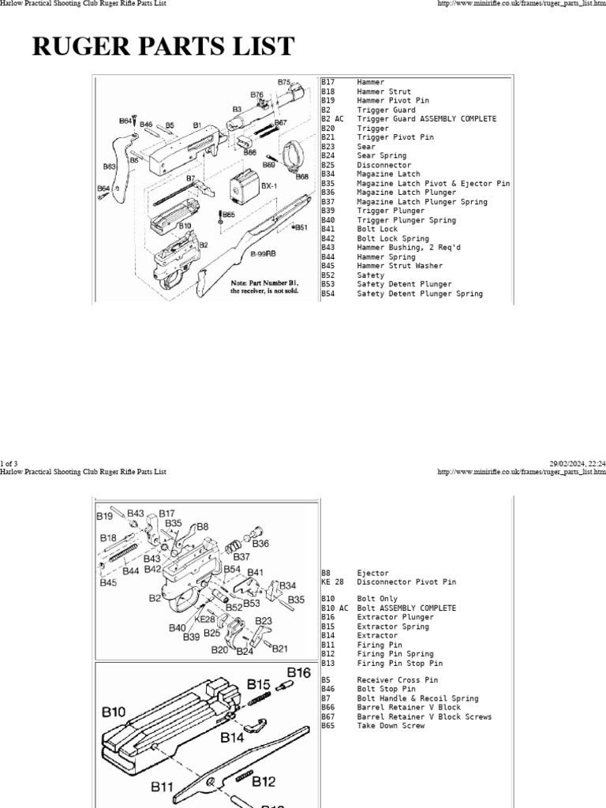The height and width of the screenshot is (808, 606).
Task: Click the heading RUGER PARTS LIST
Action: click(x=163, y=47)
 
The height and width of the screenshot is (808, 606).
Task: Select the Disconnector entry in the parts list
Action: click(x=383, y=165)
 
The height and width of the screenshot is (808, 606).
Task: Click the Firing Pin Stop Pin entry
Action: click(x=399, y=664)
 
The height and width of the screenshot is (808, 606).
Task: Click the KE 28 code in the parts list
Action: click(x=332, y=582)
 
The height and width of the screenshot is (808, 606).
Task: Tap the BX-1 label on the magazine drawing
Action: click(x=267, y=186)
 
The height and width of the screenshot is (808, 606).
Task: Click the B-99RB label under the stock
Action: click(x=263, y=253)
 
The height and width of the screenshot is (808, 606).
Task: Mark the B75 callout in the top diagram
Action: click(x=284, y=81)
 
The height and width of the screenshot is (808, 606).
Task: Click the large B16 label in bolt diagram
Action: click(x=298, y=672)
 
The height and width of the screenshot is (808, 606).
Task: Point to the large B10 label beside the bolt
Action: click(x=114, y=712)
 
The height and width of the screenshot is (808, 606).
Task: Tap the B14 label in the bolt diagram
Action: click(x=232, y=738)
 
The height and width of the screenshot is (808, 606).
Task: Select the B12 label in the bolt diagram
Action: click(x=264, y=782)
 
